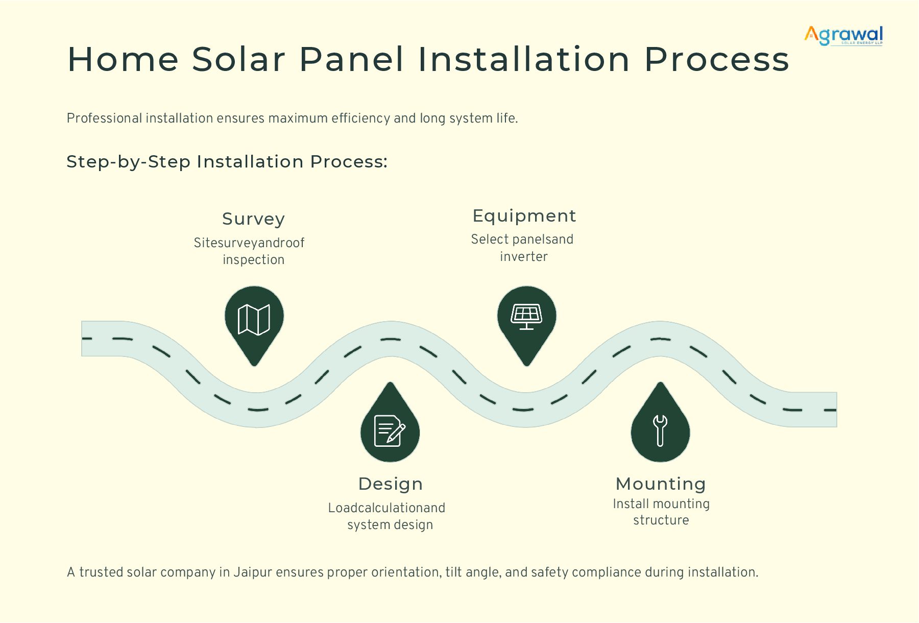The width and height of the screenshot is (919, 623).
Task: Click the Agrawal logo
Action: point(843,35)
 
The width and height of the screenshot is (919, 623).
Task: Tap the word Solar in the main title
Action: point(238,59)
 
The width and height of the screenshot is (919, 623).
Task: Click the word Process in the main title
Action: point(716,59)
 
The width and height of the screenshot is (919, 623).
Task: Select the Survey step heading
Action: point(254,219)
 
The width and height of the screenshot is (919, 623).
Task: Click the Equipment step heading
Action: point(524,215)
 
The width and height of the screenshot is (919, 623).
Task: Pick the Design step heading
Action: point(391,484)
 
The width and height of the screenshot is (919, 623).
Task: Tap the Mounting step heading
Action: point(661,484)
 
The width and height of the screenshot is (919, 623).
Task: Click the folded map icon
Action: point(254,320)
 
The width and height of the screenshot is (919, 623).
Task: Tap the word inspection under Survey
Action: point(254,260)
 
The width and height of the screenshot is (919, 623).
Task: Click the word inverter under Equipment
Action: point(524,257)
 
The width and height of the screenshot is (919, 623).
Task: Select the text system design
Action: point(390,525)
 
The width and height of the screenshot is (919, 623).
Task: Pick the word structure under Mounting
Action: point(661,520)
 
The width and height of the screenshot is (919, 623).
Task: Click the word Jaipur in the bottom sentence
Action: point(252,572)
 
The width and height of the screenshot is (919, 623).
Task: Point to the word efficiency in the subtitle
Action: point(360,118)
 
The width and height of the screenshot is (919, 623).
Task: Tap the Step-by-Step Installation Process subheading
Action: point(227,162)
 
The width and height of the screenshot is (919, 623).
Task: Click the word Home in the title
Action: point(123,59)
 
